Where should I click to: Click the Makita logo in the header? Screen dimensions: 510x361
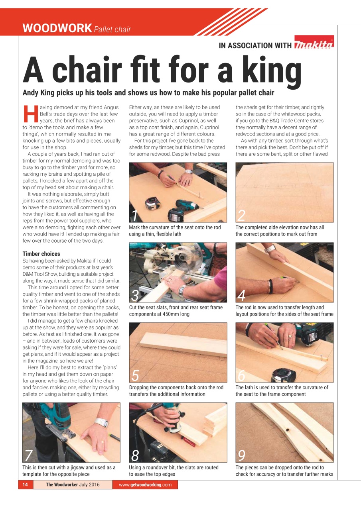pos(314,45)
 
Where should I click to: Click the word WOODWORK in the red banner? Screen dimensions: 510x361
pos(57,28)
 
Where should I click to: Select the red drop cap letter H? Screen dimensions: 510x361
pos(29,114)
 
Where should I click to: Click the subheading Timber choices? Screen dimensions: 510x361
pos(41,254)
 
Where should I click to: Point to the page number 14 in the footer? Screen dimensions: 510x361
pos(25,484)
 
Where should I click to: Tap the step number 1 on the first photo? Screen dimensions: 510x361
pos(134,215)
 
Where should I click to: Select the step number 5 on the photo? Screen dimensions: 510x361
pos(135,375)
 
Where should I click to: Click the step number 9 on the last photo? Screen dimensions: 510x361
pos(241,455)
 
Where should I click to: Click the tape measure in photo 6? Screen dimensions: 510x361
pos(283,375)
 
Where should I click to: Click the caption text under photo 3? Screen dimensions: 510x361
pos(176,310)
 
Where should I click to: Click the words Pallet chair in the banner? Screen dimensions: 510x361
pos(112,29)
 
